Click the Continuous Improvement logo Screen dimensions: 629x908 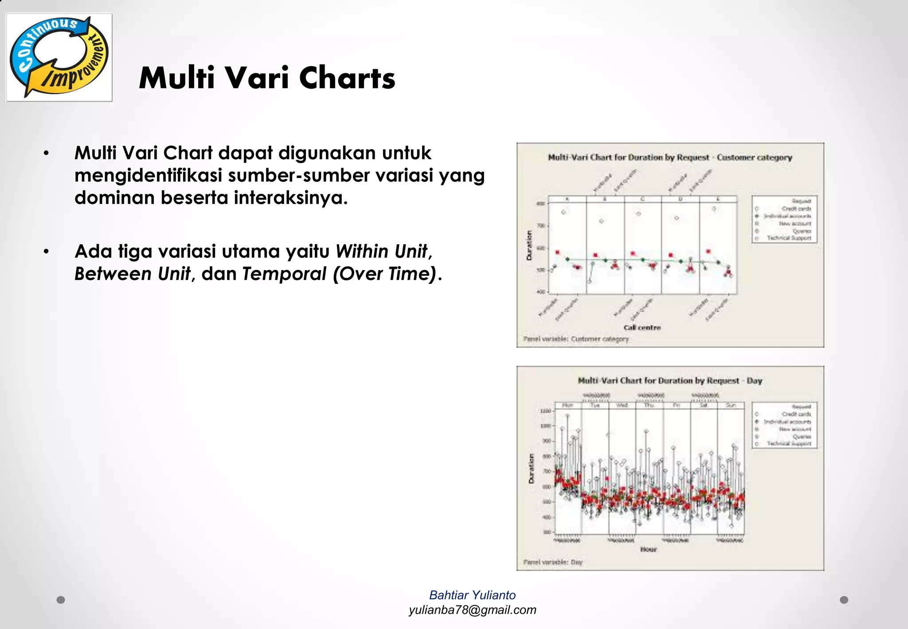59,57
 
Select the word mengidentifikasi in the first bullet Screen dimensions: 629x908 148,176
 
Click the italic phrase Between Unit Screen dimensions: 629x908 132,274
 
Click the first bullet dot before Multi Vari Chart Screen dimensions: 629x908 46,154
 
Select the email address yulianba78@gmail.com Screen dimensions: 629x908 472,610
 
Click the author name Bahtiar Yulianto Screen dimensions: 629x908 472,595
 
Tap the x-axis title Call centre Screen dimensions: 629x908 642,328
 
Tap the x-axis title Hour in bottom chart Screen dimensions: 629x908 648,550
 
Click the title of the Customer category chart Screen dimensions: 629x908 670,157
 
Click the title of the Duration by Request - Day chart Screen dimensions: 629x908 670,381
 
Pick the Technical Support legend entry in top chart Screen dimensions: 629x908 789,238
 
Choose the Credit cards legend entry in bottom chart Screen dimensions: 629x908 796,414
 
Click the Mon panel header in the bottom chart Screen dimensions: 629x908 567,405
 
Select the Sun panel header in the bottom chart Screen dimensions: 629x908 731,405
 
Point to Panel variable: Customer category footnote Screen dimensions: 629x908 576,339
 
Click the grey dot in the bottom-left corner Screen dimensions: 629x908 61,600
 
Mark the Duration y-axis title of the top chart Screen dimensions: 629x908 528,245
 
